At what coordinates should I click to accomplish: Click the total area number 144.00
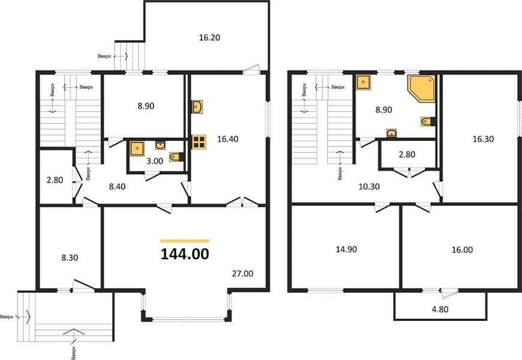point(185,254)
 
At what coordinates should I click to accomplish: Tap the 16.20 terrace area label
point(209,38)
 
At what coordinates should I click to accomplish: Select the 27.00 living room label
point(242,274)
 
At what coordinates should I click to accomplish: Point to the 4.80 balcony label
point(440,310)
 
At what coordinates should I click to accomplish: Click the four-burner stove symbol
point(199,142)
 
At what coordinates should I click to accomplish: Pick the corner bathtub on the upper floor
point(421,88)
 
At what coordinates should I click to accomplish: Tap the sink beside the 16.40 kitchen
point(197,107)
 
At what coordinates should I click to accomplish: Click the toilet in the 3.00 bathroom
point(176,157)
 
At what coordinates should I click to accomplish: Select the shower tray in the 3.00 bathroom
point(137,149)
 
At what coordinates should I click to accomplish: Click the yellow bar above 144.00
point(185,241)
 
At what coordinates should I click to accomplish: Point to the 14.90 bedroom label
point(346,249)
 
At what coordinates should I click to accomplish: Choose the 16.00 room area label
point(462,250)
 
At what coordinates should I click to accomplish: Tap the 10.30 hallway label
point(369,187)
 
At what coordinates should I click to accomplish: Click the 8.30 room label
point(70,258)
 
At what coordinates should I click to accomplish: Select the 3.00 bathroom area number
point(155,161)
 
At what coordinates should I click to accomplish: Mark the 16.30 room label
point(483,139)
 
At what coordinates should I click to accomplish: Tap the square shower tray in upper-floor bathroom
point(363,82)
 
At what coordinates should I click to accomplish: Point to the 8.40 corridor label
point(117,187)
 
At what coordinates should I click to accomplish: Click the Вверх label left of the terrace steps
point(104,56)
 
